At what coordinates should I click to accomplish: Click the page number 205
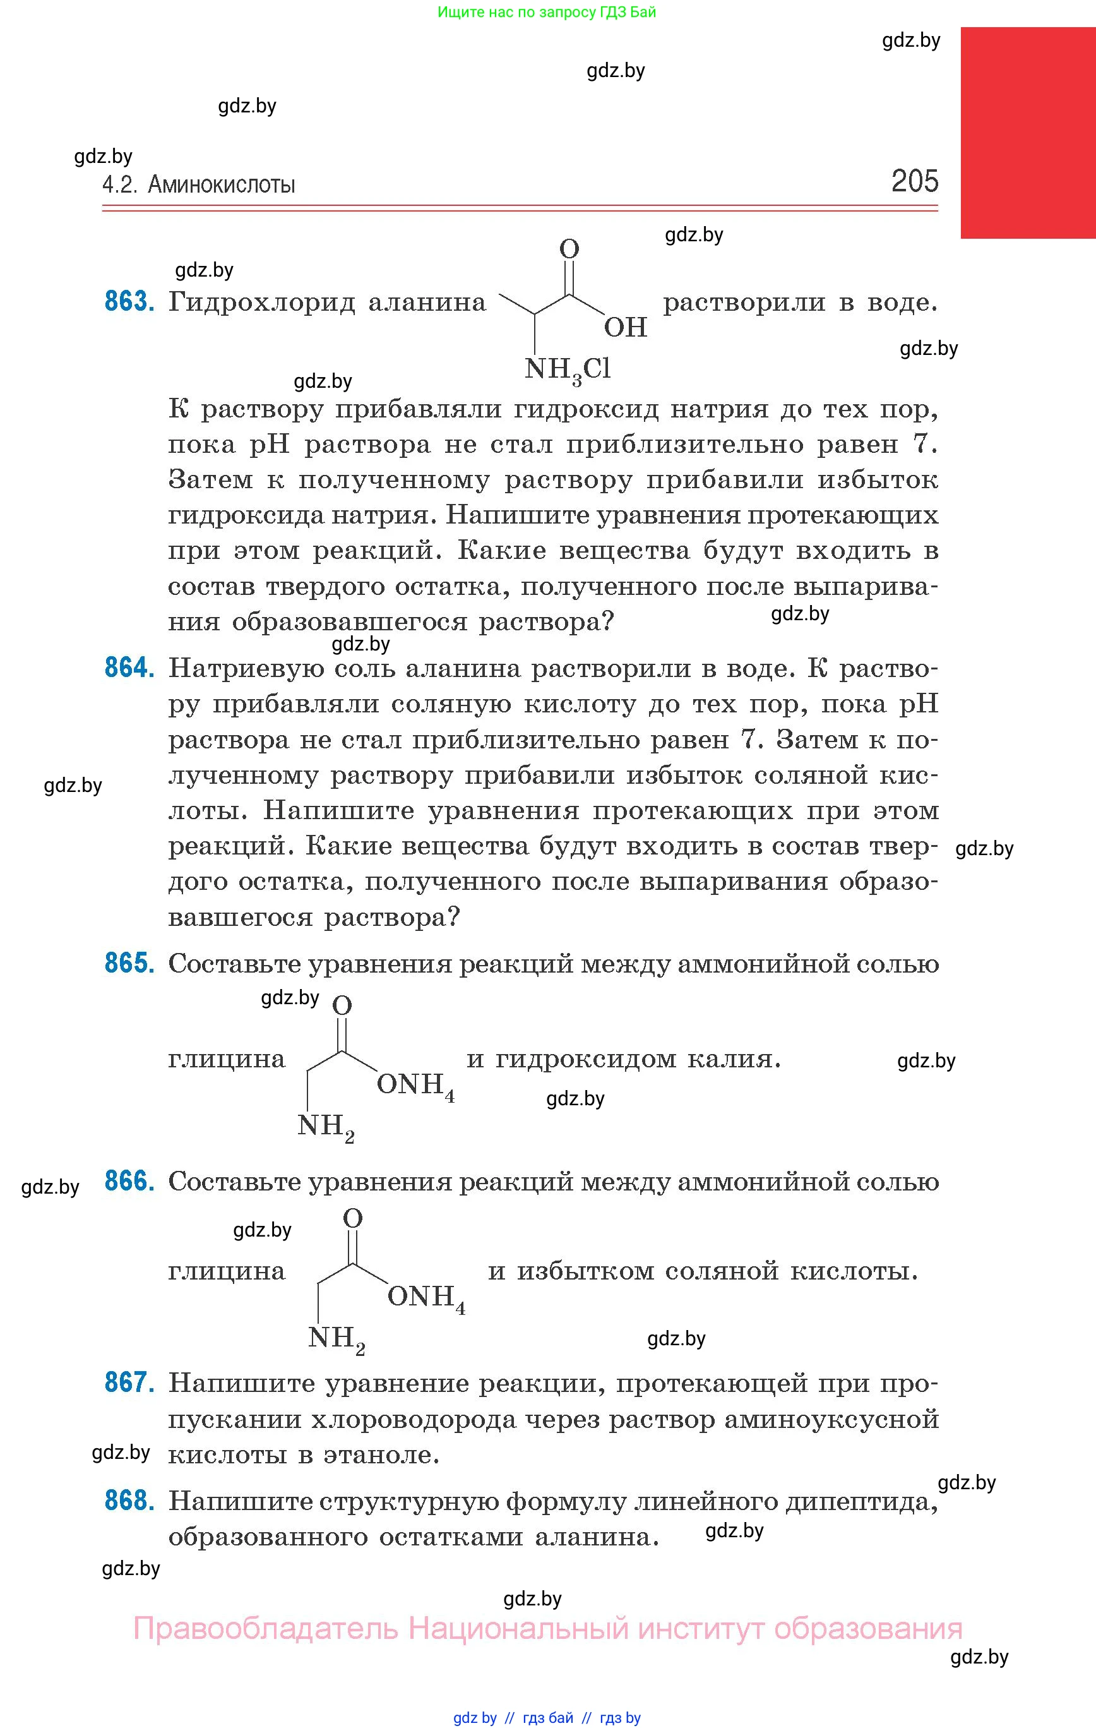click(915, 181)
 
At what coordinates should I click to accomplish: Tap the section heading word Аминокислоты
click(222, 185)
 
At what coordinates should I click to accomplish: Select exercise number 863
click(129, 301)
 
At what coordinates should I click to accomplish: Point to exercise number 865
click(129, 963)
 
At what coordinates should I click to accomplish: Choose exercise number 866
click(129, 1181)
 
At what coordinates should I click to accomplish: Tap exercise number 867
click(129, 1382)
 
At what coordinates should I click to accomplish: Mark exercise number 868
click(129, 1501)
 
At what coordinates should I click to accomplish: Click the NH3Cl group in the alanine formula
click(568, 370)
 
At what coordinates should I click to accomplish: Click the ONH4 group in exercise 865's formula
click(415, 1084)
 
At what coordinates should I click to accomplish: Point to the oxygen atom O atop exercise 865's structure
click(343, 1005)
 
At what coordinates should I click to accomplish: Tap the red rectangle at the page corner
click(1028, 133)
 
